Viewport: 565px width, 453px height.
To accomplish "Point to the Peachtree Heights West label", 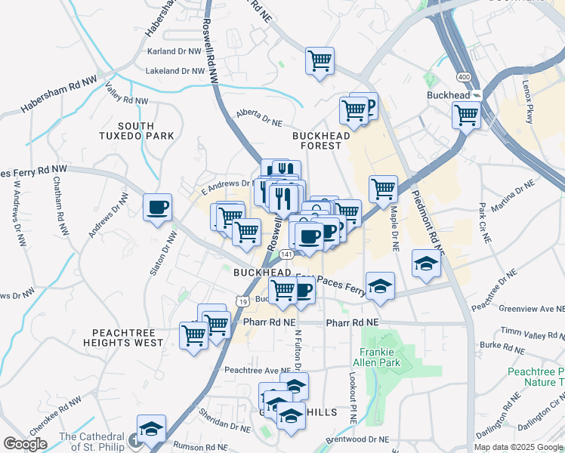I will (x=128, y=337).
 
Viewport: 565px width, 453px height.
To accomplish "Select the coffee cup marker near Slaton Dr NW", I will (x=158, y=208).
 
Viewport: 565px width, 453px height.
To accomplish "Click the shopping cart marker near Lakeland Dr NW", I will (x=320, y=60).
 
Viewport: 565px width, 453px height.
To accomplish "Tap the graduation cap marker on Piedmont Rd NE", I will (x=426, y=263).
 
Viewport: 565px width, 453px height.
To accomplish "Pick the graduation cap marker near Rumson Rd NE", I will (x=151, y=429).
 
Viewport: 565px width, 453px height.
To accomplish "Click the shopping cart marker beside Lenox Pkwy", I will (x=466, y=116).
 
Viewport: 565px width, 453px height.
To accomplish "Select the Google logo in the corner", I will (x=25, y=443).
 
